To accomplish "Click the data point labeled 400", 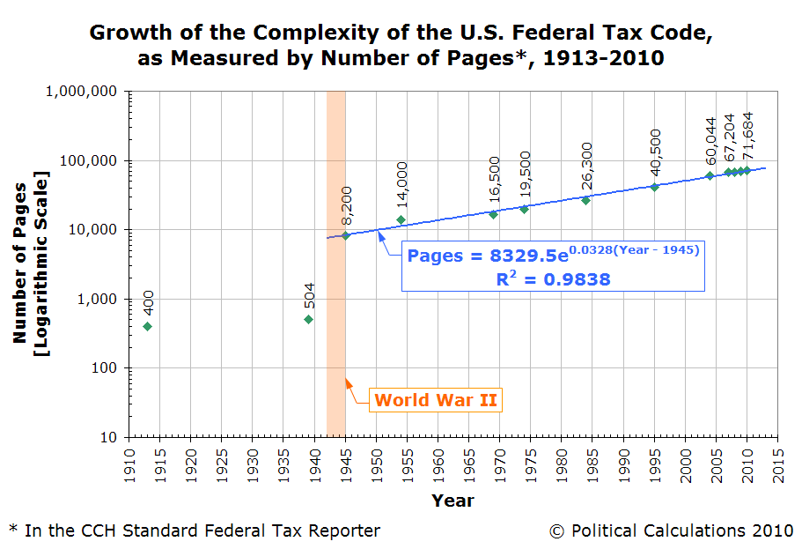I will click(x=147, y=326).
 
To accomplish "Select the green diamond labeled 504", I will click(x=308, y=319).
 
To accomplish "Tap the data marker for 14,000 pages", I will click(x=401, y=219).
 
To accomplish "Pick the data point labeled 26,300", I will click(x=585, y=200).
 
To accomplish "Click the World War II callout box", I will click(x=436, y=400).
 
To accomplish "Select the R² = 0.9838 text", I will click(x=553, y=279).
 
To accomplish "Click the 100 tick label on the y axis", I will click(x=103, y=367).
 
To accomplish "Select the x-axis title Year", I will click(x=453, y=501).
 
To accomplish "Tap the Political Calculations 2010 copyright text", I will click(x=671, y=530).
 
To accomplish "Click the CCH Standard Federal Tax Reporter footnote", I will click(x=195, y=530).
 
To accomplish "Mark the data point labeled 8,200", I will click(x=345, y=235).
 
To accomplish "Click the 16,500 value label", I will click(x=494, y=181).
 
